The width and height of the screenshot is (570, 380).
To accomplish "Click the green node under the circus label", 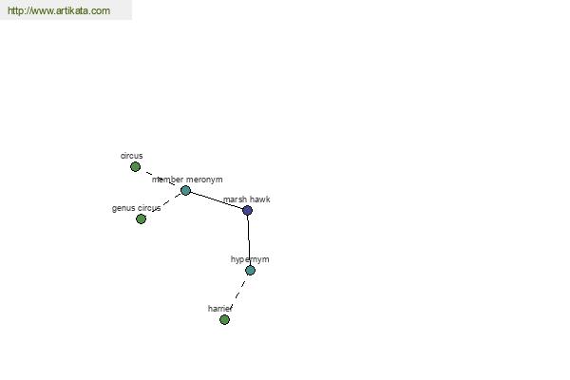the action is pyautogui.click(x=135, y=167).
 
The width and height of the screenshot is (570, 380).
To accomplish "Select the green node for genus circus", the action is pyautogui.click(x=141, y=218).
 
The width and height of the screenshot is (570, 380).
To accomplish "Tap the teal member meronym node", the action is pyautogui.click(x=186, y=190).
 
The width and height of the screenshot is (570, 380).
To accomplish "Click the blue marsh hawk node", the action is pyautogui.click(x=248, y=210).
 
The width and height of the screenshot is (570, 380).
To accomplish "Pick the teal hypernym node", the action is pyautogui.click(x=251, y=270).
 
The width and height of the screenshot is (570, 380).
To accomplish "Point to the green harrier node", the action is pyautogui.click(x=224, y=319).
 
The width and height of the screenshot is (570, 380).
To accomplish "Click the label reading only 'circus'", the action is pyautogui.click(x=132, y=156).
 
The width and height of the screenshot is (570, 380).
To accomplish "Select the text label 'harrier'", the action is pyautogui.click(x=220, y=309).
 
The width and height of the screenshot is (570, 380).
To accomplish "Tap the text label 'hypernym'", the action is pyautogui.click(x=250, y=259).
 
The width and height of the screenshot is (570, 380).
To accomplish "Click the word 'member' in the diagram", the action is pyautogui.click(x=167, y=180).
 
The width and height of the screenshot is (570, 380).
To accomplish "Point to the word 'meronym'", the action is pyautogui.click(x=204, y=180).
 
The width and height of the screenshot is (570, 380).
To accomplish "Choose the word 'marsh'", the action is pyautogui.click(x=235, y=199).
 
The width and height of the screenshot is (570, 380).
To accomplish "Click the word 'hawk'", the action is pyautogui.click(x=259, y=199).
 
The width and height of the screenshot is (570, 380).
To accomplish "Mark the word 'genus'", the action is pyautogui.click(x=123, y=209).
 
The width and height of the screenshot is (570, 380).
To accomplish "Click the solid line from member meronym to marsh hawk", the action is pyautogui.click(x=217, y=200).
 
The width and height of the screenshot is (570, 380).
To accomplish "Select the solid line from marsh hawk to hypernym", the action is pyautogui.click(x=249, y=240).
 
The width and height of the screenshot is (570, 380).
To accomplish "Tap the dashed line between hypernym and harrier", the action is pyautogui.click(x=237, y=294).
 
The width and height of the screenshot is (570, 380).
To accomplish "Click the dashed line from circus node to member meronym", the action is pyautogui.click(x=161, y=179).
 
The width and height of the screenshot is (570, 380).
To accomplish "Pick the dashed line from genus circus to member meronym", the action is pyautogui.click(x=166, y=202).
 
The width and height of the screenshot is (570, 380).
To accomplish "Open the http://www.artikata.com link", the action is pyautogui.click(x=59, y=10).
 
